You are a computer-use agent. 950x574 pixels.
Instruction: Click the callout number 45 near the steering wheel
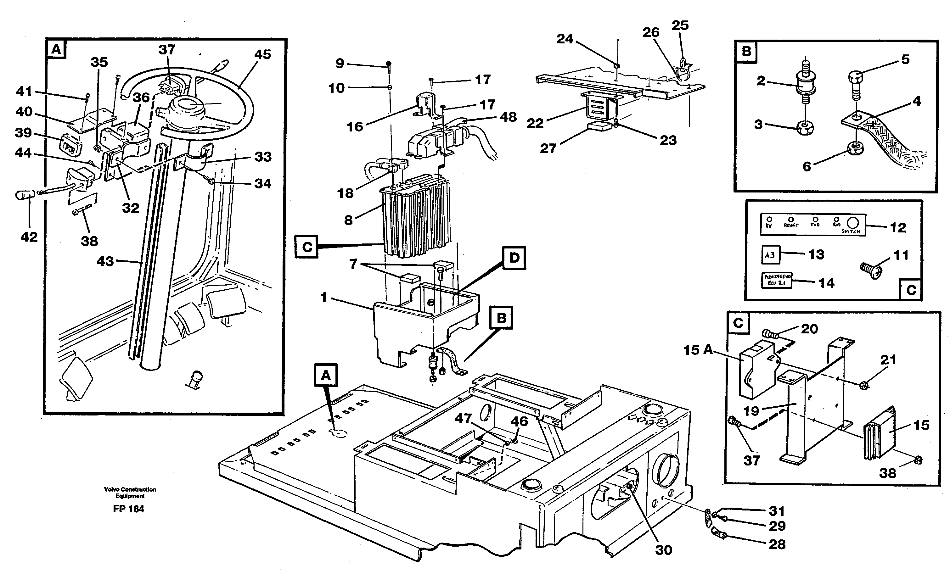point(262,54)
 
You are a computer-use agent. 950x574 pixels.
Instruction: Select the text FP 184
point(128,509)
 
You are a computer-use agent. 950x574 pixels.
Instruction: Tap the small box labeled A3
point(770,255)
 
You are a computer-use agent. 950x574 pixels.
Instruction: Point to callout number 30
point(664,550)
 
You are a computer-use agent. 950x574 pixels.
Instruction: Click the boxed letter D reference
point(514,258)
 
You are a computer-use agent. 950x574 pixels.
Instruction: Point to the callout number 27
point(548,148)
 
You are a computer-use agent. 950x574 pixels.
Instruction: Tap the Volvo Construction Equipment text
point(130,493)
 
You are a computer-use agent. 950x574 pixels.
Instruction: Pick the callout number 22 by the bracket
point(535,123)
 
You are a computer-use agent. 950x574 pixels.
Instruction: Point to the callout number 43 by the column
point(105,261)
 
